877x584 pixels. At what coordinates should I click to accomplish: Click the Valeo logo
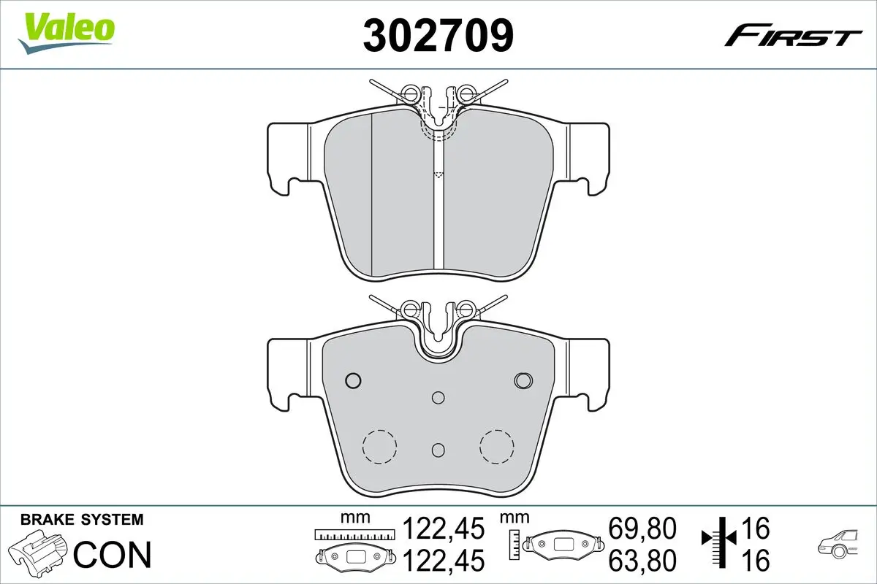67,31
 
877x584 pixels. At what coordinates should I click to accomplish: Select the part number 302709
438,34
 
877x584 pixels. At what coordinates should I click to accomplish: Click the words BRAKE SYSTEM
82,520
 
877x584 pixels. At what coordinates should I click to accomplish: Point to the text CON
113,555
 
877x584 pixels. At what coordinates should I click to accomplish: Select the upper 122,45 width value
444,528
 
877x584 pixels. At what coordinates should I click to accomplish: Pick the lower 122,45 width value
444,561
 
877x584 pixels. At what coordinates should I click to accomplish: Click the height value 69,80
642,528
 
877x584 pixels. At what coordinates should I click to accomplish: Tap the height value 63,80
642,561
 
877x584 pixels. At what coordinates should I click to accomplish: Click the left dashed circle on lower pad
379,445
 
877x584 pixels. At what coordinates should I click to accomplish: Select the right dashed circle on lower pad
496,445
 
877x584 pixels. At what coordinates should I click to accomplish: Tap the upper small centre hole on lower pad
438,398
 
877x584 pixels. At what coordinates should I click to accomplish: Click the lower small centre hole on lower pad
438,449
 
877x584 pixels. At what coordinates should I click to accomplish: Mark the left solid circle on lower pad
353,380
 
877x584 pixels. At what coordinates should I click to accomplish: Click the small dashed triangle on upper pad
438,174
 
